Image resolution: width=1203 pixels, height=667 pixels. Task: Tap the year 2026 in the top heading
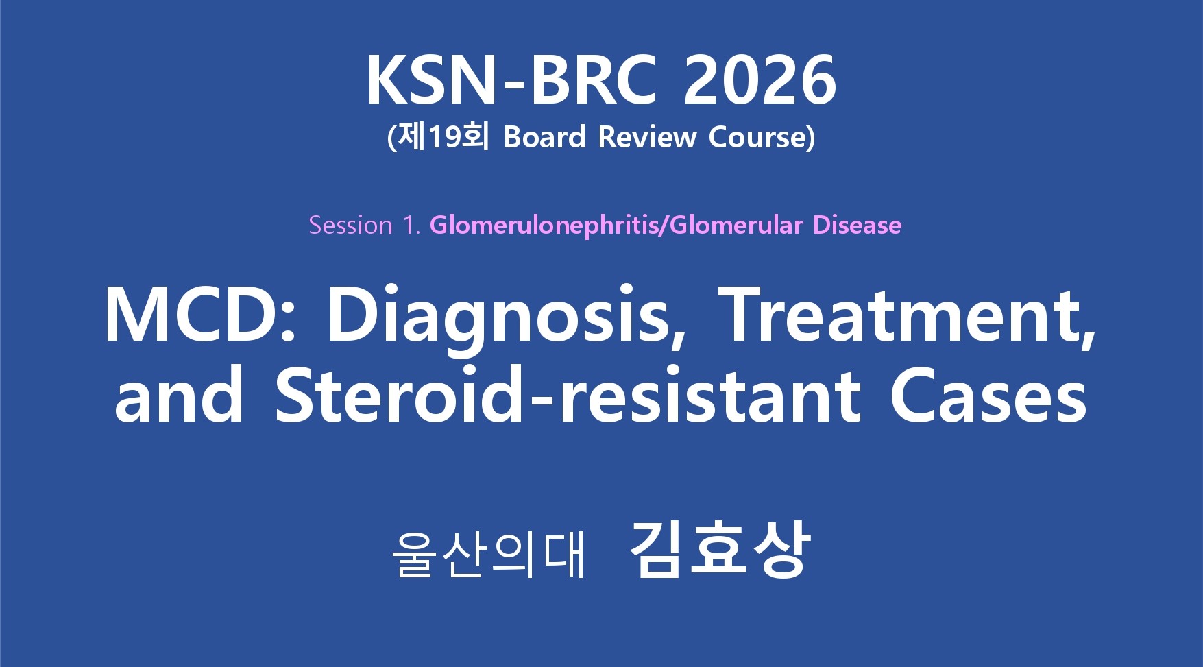tap(760, 80)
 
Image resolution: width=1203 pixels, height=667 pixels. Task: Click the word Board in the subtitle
tap(545, 137)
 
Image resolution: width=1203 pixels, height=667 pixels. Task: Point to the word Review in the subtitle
tap(647, 137)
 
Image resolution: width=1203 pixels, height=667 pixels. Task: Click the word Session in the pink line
tap(350, 225)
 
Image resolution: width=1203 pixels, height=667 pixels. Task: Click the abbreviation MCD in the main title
tap(191, 315)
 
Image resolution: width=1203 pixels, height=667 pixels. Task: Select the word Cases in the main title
tap(988, 395)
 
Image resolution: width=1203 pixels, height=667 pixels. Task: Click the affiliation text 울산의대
tap(489, 553)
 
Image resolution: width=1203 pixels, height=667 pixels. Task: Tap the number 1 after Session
tap(409, 225)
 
